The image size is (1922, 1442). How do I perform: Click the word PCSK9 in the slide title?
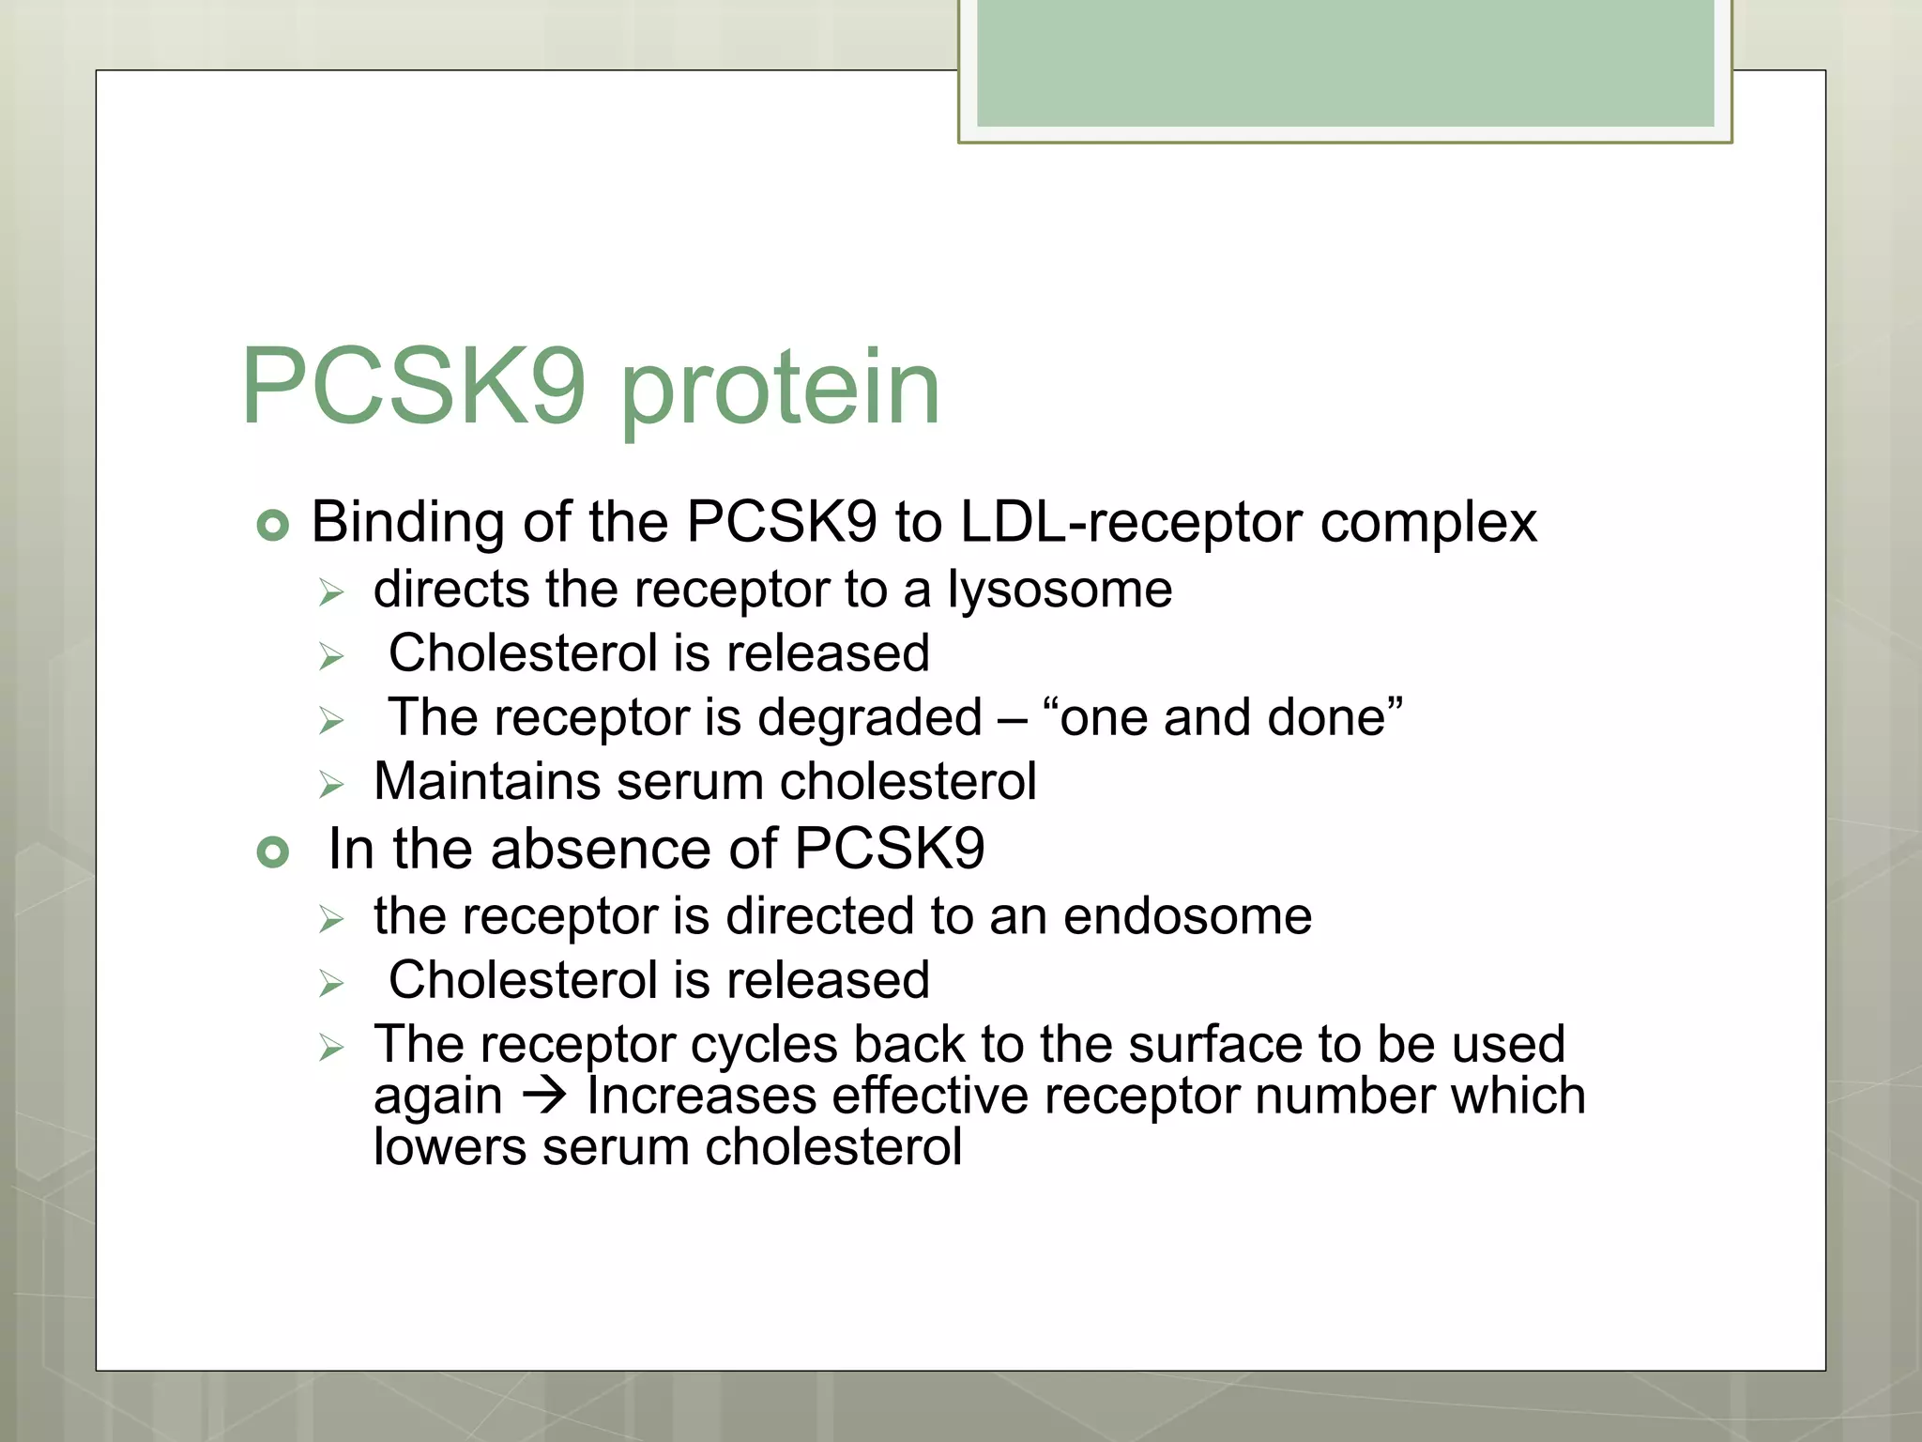[x=413, y=387]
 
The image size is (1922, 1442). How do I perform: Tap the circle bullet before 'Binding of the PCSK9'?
[x=272, y=525]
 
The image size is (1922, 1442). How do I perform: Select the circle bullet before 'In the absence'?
[x=272, y=852]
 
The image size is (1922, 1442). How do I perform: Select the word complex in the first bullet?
[x=1428, y=524]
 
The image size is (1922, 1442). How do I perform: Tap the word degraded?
[x=869, y=718]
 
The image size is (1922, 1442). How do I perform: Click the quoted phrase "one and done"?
[x=1223, y=718]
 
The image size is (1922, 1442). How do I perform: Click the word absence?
[x=600, y=850]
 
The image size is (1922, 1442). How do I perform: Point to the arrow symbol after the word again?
[x=544, y=1096]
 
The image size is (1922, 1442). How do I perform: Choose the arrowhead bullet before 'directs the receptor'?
[x=331, y=593]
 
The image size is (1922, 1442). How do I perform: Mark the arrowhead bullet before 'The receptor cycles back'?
[x=331, y=1047]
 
